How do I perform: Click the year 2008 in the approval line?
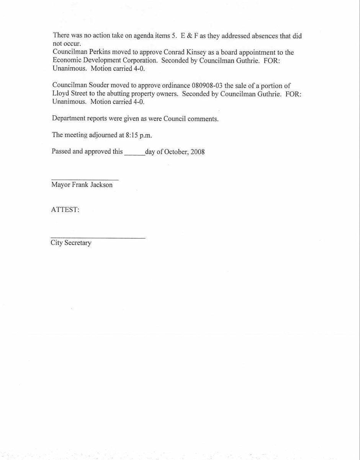click(198, 151)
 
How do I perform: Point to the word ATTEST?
click(65, 210)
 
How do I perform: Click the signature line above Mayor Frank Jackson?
click(85, 179)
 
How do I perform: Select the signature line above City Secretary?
click(98, 238)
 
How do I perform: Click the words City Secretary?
click(71, 243)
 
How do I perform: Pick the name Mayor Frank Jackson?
click(82, 185)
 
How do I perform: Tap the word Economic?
click(66, 61)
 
